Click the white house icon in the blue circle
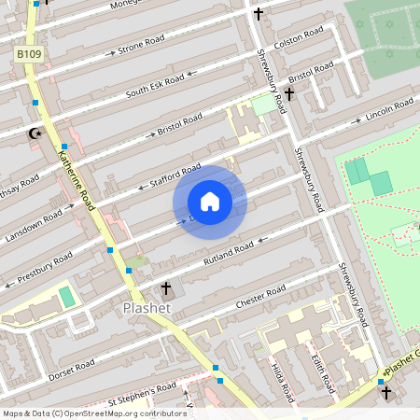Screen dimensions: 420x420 coord(210,201)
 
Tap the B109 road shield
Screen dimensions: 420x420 coord(29,56)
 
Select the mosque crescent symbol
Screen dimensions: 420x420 coord(36,134)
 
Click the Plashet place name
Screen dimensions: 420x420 coord(147,308)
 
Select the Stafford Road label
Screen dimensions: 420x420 coord(176,175)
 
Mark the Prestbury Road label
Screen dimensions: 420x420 coord(44,266)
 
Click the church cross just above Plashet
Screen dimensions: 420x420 coord(167,287)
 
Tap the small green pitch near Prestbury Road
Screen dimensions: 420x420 coord(66,298)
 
